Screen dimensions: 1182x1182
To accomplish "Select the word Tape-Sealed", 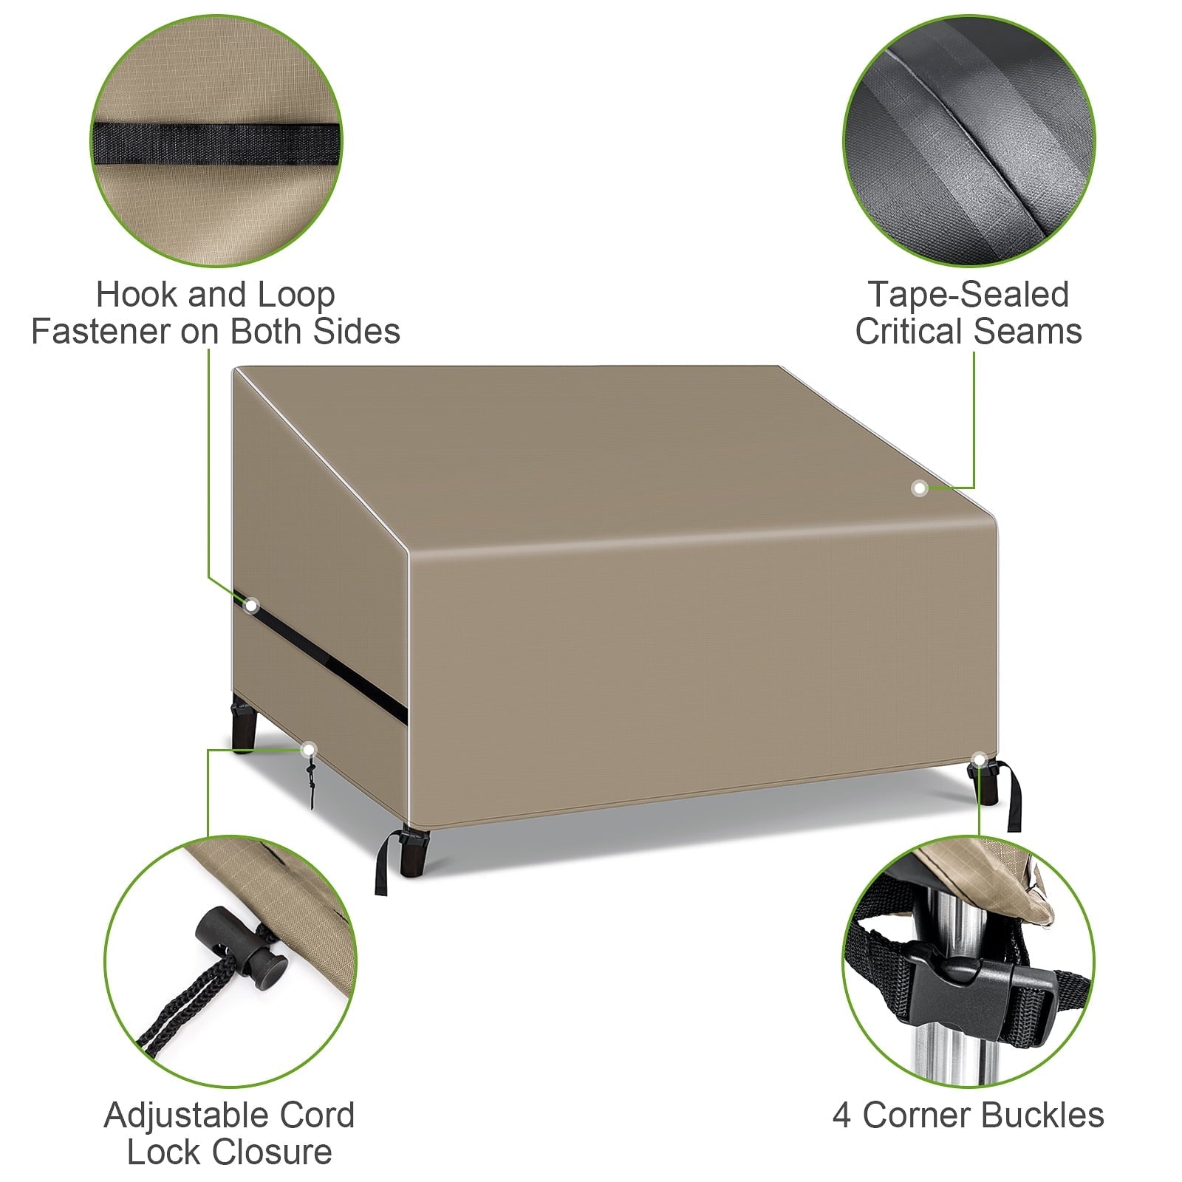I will tap(968, 295).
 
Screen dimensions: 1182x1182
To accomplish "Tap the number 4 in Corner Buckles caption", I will tap(841, 1115).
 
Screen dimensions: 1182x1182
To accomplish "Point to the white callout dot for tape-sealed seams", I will tap(920, 488).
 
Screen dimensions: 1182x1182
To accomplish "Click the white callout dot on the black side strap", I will tap(251, 606).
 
